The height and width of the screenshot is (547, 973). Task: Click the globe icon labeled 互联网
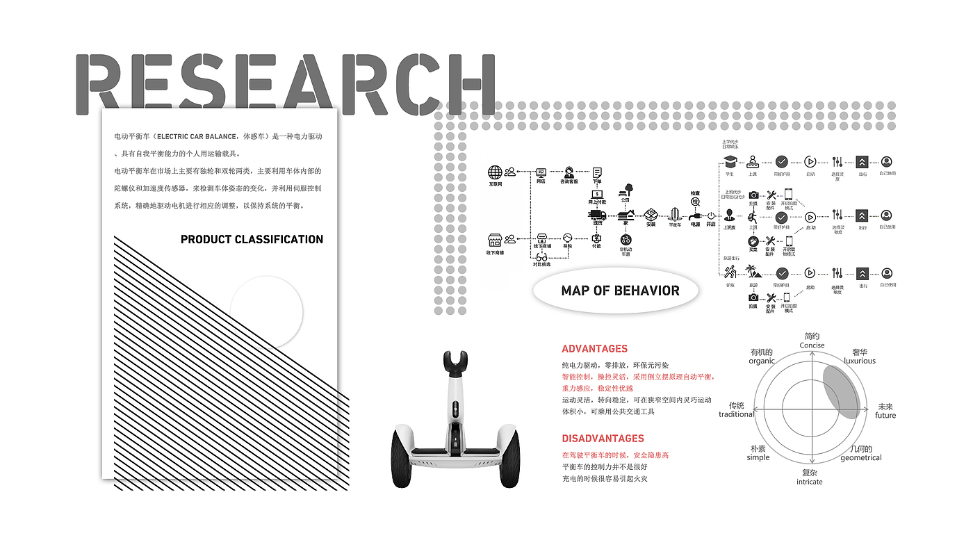point(495,172)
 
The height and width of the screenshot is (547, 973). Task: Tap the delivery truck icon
point(597,215)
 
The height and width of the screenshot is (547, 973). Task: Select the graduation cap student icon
point(730,162)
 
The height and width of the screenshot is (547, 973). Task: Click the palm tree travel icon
point(753,272)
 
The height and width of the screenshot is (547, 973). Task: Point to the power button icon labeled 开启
point(710,216)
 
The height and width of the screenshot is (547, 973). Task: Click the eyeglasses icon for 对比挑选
point(541,257)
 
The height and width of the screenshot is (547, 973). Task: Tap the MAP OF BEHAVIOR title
point(620,291)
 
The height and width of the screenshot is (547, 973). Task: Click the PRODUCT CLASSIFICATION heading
point(252,239)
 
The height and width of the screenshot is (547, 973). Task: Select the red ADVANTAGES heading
point(594,349)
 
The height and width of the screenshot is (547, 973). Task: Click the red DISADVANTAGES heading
point(603,439)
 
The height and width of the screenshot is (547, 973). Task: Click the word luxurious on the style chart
point(860,361)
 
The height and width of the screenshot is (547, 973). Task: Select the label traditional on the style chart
point(736,414)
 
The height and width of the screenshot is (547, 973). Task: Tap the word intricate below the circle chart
point(809,482)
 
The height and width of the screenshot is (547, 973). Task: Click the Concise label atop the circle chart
point(812,345)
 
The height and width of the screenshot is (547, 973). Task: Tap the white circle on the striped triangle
point(266,311)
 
